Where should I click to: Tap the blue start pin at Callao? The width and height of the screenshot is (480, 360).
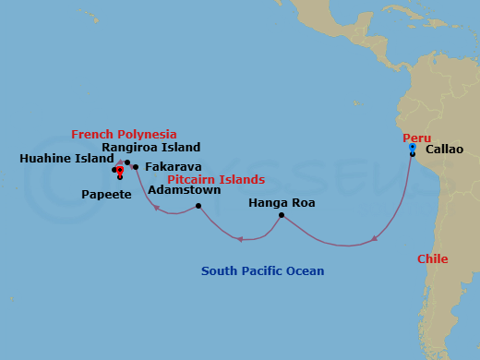pos(412,147)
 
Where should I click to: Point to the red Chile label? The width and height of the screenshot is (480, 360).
pos(433,259)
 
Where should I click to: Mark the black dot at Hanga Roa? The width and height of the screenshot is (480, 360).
pos(282,216)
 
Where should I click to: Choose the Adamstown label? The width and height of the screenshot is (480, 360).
pos(185,190)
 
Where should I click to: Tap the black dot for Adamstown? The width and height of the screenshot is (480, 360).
pos(198,206)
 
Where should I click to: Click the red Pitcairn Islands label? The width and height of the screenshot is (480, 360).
pos(216,179)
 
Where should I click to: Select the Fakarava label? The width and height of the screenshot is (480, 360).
pos(174,167)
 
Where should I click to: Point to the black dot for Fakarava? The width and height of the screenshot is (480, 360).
pos(136,167)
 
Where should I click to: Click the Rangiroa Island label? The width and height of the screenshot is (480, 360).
pos(150,147)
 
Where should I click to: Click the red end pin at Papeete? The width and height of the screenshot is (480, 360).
pos(120,171)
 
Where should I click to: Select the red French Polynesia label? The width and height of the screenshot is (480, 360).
pos(124,135)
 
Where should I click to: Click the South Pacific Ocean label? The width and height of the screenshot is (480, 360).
pos(263,271)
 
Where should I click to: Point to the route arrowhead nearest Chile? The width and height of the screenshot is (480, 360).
pos(375,239)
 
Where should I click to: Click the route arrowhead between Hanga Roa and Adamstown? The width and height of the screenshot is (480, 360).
pos(238,239)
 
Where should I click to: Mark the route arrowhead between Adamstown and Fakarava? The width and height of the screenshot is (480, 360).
pos(156,208)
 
